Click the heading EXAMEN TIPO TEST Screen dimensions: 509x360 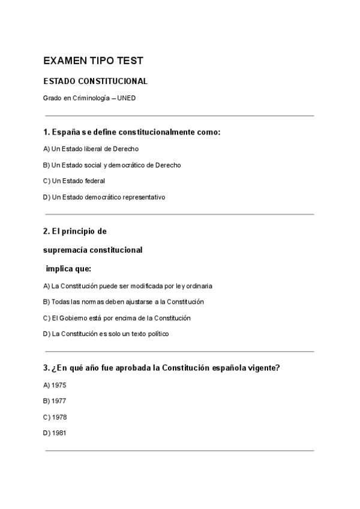click(x=93, y=61)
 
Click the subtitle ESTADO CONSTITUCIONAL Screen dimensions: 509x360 click(x=95, y=81)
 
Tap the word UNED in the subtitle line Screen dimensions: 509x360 click(x=127, y=98)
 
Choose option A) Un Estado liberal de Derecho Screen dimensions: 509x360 click(x=91, y=148)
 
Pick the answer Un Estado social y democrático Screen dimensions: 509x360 click(x=112, y=164)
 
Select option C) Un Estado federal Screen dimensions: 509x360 click(x=74, y=181)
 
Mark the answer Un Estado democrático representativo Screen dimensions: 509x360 click(x=104, y=197)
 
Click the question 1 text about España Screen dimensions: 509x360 click(x=131, y=131)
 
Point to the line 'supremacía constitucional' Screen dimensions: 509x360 click(x=93, y=250)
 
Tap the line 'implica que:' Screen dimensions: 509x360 click(x=68, y=268)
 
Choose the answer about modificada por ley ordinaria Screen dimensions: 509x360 click(x=128, y=286)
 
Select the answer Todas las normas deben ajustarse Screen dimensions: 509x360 click(x=124, y=302)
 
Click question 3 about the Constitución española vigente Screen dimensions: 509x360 click(x=161, y=368)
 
